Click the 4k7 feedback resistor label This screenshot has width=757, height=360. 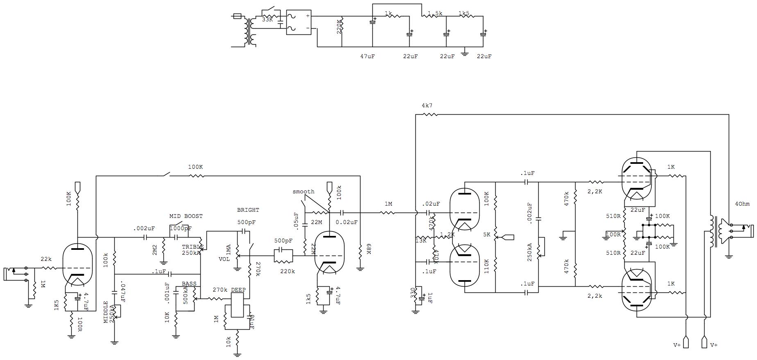[x=427, y=106]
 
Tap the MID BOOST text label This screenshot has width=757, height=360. [x=186, y=216]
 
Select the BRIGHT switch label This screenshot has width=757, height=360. [x=248, y=210]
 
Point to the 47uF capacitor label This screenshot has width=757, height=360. [x=367, y=57]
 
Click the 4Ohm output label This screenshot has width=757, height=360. [x=742, y=204]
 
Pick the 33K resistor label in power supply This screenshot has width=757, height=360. [x=267, y=19]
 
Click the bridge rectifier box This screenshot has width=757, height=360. [x=298, y=22]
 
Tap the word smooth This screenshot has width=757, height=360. [x=304, y=192]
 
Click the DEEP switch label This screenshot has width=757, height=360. [x=238, y=290]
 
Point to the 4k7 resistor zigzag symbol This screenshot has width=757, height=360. [x=431, y=115]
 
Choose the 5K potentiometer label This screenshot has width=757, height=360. [x=487, y=235]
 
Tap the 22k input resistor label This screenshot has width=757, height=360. [x=46, y=259]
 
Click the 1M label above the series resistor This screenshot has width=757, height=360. [x=388, y=204]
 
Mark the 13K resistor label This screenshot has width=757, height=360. [x=421, y=240]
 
